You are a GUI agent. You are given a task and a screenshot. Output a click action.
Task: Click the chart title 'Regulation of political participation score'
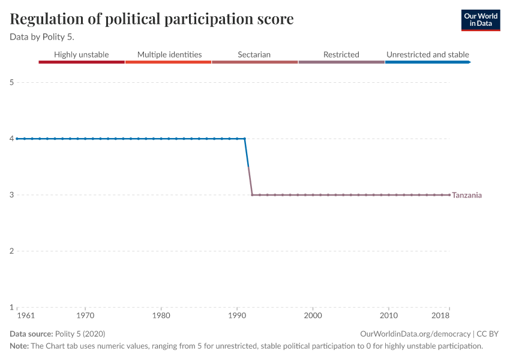[x=152, y=19]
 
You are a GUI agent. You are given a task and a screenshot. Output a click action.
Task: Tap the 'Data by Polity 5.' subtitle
[x=42, y=37]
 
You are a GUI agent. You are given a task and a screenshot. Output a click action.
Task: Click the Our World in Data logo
[x=480, y=20]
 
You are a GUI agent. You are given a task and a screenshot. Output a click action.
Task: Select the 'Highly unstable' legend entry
[x=82, y=55]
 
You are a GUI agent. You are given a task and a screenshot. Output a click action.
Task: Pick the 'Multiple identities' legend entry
[x=169, y=55]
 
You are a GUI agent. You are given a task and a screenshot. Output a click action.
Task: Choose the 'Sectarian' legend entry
[x=254, y=55]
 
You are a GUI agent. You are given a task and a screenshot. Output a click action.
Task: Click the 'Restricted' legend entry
[x=341, y=55]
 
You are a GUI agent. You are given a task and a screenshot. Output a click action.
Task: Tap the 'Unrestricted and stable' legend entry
[x=427, y=55]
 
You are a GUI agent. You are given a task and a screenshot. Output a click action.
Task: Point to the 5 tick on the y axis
[x=12, y=82]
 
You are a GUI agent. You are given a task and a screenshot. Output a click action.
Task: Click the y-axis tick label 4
[x=12, y=139]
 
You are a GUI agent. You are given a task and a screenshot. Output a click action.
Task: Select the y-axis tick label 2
[x=12, y=251]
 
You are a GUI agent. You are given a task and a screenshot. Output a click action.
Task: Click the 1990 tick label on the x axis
[x=237, y=315]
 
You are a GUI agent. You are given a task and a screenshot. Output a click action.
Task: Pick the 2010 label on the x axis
[x=389, y=315]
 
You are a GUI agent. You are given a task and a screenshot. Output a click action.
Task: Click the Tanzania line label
[x=467, y=195]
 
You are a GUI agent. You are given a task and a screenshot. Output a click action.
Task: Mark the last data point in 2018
[x=449, y=194]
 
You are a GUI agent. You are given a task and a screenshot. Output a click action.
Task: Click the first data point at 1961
[x=17, y=139]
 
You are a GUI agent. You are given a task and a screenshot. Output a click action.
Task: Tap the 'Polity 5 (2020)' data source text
[x=80, y=334]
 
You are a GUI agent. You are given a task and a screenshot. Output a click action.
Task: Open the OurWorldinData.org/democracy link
[x=416, y=334]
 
